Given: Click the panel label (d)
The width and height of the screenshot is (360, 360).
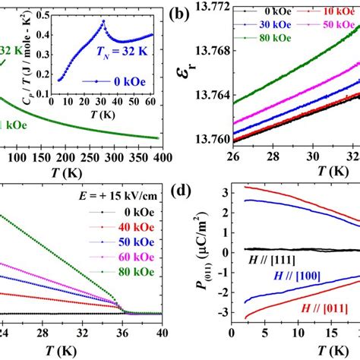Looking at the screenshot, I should (191, 188).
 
